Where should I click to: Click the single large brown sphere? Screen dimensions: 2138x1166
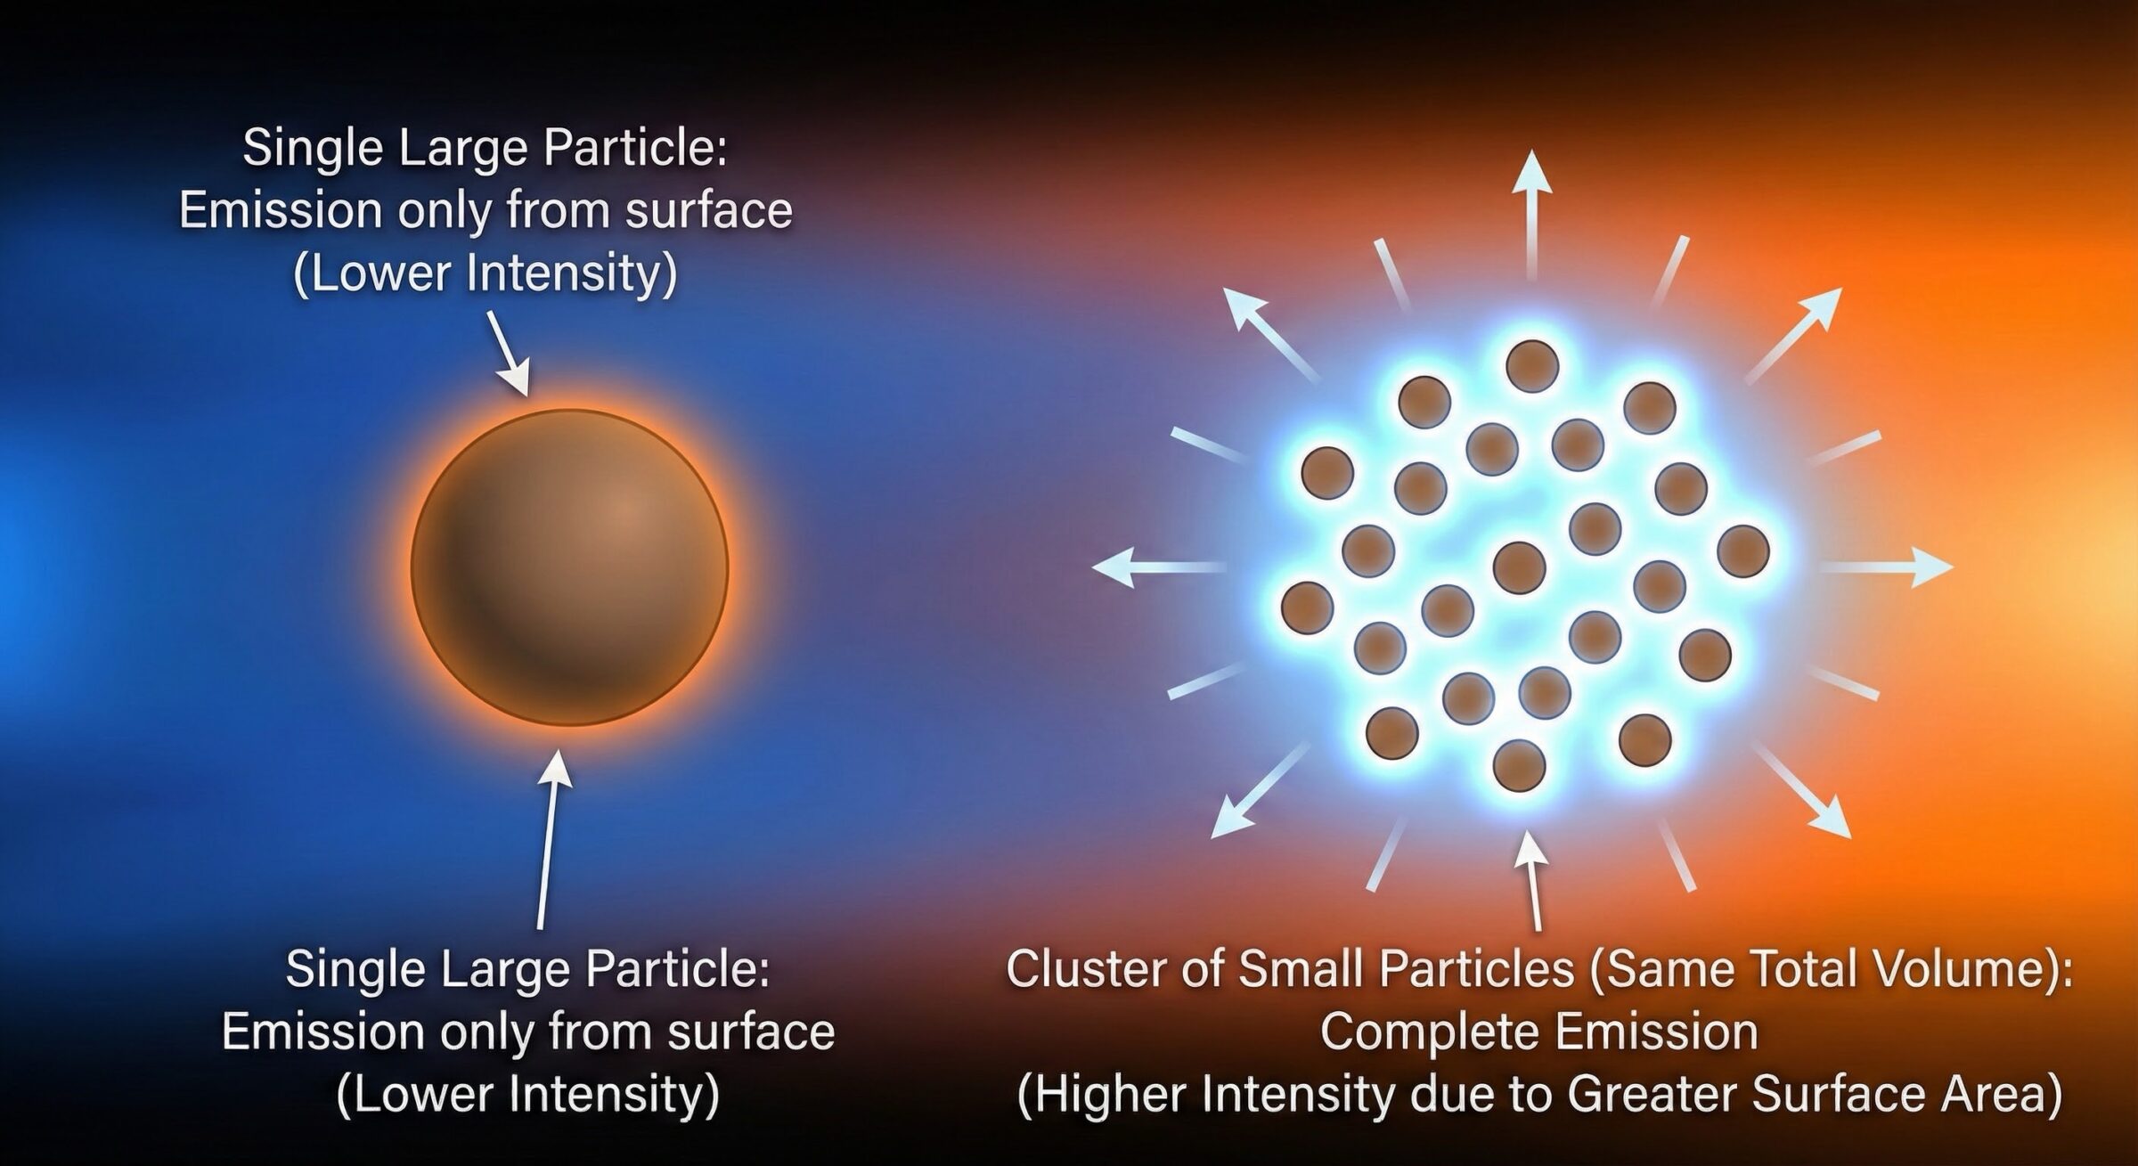(x=569, y=567)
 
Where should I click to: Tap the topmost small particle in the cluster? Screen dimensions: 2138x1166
(x=1532, y=366)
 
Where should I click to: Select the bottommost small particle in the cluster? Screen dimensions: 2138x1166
(x=1519, y=765)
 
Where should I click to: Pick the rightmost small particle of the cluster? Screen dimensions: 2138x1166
(x=1742, y=551)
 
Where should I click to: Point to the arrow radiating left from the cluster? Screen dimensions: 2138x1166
(x=1159, y=567)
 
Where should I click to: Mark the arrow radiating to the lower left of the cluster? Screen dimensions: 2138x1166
(x=1260, y=791)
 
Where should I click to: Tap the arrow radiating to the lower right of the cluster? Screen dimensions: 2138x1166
(x=1803, y=791)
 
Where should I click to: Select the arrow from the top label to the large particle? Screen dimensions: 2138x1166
(x=509, y=353)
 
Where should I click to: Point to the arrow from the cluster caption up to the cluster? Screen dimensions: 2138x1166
(x=1531, y=881)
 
